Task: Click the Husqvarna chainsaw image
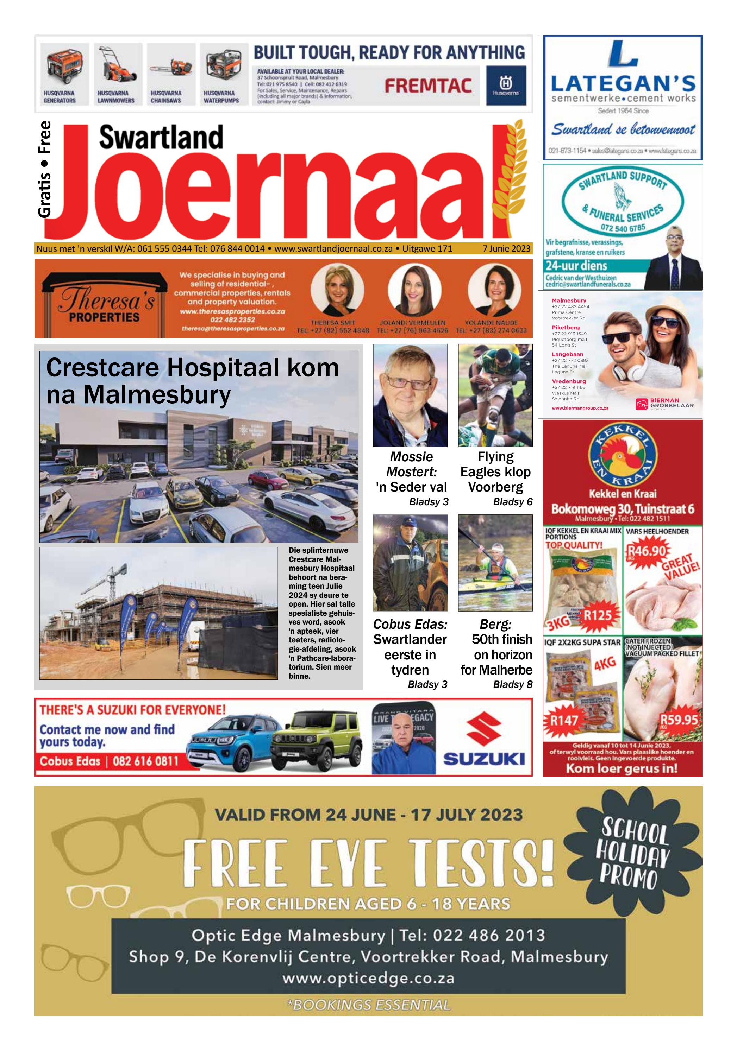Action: [x=170, y=68]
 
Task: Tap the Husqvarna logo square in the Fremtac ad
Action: [x=506, y=85]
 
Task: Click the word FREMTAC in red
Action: [x=428, y=86]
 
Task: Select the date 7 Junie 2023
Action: [x=506, y=248]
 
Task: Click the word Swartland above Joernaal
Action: [x=161, y=138]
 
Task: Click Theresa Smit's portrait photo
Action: [x=337, y=289]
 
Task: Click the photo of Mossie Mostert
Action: [x=410, y=395]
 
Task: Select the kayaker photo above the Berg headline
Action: [x=495, y=563]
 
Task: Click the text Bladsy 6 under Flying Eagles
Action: [x=513, y=502]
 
